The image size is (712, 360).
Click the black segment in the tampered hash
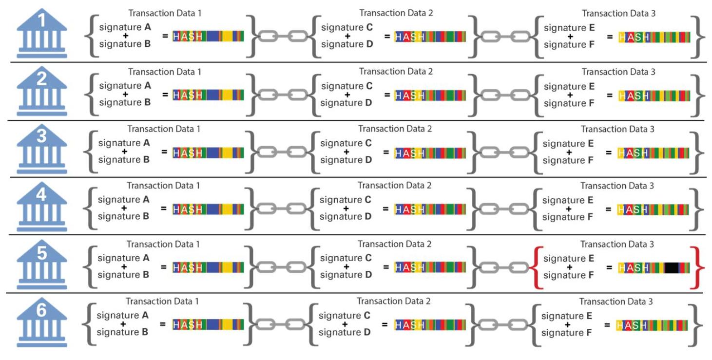pos(672,267)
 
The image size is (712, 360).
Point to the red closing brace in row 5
pos(700,267)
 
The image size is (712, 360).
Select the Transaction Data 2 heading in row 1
pos(396,13)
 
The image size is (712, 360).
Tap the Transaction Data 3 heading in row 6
pos(616,302)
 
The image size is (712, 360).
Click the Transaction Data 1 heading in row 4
pos(163,186)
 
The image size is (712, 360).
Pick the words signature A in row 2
pos(125,86)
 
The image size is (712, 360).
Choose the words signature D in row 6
pos(345,332)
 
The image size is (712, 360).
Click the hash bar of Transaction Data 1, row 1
pos(209,36)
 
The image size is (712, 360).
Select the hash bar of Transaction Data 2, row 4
pos(430,209)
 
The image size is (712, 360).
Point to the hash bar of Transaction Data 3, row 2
pos(654,96)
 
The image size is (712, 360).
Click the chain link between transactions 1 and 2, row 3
pos(279,152)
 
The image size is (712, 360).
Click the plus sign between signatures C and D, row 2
pos(346,95)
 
